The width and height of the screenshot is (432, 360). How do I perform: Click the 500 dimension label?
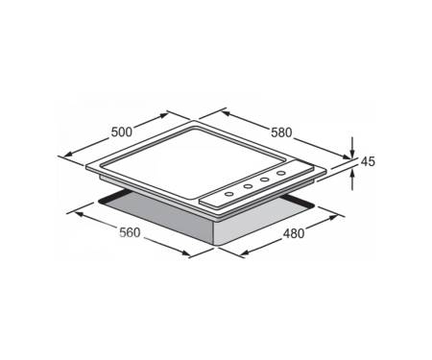pos(122,132)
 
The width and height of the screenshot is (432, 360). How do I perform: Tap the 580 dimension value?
pos(281,132)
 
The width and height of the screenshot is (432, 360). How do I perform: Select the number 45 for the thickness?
pos(368,162)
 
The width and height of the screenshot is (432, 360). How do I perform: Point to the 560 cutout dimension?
pos(130,232)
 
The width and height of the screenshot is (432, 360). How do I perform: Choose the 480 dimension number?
pos(294,234)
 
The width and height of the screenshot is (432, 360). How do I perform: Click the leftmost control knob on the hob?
pos(229,194)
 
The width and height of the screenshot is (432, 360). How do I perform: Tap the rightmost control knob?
pos(281,173)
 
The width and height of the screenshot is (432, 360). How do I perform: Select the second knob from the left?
pos(248,186)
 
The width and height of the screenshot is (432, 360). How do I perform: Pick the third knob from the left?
pos(264,180)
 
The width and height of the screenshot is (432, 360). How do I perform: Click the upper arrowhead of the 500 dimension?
pos(164,115)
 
